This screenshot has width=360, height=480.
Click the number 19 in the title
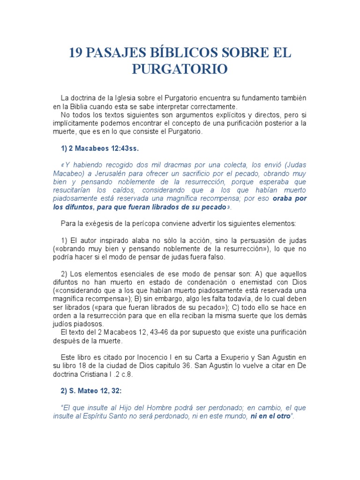tap(77, 53)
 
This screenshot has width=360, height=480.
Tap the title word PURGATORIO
tap(180, 69)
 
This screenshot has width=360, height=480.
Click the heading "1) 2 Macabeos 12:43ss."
tap(100, 148)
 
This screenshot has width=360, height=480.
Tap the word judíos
tap(64, 324)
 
